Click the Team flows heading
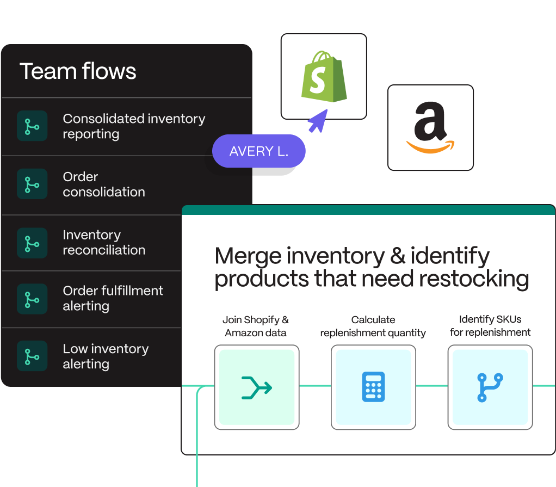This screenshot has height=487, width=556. click(x=78, y=71)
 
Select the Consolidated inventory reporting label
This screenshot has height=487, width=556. click(x=134, y=126)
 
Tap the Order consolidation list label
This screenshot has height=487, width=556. click(x=104, y=184)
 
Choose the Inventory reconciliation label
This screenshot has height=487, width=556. click(x=104, y=243)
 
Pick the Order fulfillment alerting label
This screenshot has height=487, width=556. click(x=113, y=298)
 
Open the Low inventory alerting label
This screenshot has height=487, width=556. click(x=106, y=356)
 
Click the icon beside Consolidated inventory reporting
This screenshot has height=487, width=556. click(x=32, y=126)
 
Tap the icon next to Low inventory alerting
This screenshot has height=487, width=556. click(x=32, y=356)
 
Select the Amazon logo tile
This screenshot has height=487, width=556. click(x=430, y=128)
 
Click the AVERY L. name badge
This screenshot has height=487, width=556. click(x=259, y=151)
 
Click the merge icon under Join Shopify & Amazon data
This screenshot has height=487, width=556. click(x=257, y=387)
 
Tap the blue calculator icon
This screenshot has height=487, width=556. click(x=373, y=387)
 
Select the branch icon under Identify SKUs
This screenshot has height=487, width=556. click(x=490, y=387)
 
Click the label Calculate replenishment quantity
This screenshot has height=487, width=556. click(x=373, y=326)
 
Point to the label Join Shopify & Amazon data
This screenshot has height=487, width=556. click(x=256, y=326)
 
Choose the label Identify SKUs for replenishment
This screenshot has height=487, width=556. click(x=490, y=326)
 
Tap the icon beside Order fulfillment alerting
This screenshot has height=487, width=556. click(x=32, y=299)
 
